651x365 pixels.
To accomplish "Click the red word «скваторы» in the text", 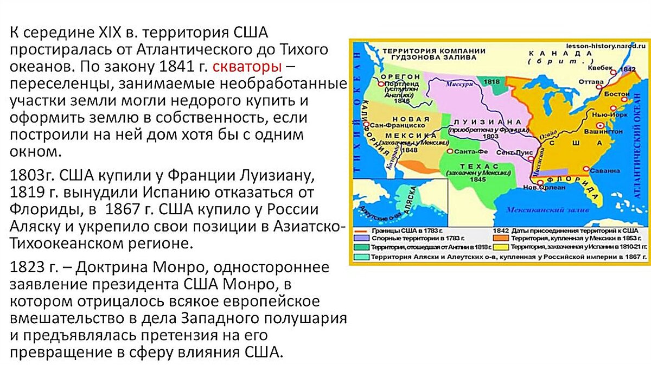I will click(247, 67).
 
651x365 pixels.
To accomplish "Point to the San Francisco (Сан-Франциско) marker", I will click(367, 124).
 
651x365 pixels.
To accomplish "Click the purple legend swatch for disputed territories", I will click(360, 238).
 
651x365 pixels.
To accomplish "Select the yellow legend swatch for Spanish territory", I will click(499, 246).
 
